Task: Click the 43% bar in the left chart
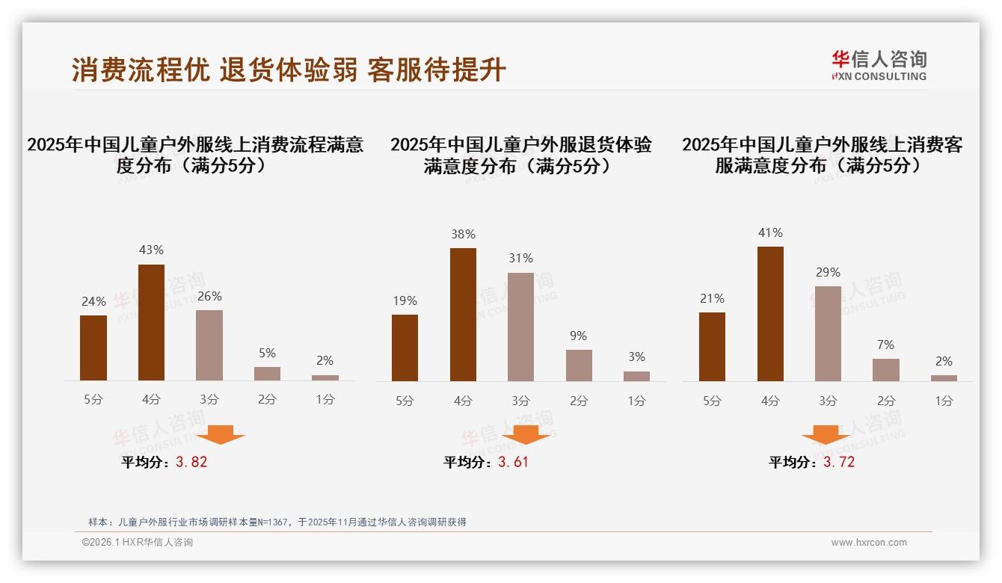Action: [x=152, y=322]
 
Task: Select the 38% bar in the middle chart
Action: [x=463, y=315]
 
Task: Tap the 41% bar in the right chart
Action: [x=770, y=314]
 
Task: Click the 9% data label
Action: [x=578, y=336]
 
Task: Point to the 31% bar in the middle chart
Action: [x=520, y=327]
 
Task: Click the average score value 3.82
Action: [x=191, y=462]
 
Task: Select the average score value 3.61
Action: [x=513, y=462]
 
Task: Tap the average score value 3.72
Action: [x=839, y=462]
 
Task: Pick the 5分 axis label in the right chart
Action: [x=712, y=401]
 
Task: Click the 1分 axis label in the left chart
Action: [x=325, y=400]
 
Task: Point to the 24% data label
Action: [x=93, y=302]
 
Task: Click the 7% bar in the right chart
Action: [x=886, y=370]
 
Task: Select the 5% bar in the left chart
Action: [x=267, y=374]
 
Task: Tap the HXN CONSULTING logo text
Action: [x=879, y=76]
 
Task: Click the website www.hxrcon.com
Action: [x=869, y=543]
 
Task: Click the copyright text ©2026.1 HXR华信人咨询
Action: [x=138, y=543]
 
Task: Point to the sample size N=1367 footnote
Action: [x=277, y=522]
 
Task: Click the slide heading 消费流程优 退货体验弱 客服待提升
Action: [x=289, y=70]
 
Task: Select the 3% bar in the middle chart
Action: [x=636, y=376]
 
